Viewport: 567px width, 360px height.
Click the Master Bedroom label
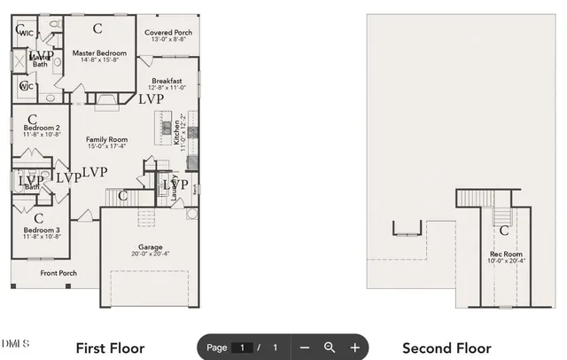(99, 53)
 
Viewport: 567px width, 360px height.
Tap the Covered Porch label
(168, 32)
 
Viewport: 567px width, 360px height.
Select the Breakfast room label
(167, 81)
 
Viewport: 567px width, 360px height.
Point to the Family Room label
(106, 139)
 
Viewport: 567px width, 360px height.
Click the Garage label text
(150, 247)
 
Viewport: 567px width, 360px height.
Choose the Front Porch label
(58, 273)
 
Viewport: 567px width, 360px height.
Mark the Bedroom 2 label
(42, 129)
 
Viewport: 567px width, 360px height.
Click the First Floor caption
(110, 348)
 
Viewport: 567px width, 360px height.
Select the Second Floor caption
(447, 348)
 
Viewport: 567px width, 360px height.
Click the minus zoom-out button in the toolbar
(304, 348)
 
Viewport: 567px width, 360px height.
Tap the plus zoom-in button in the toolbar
(354, 348)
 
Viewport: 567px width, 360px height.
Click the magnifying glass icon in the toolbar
(330, 348)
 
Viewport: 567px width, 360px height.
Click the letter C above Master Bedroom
(97, 28)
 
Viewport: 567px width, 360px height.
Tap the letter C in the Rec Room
(504, 231)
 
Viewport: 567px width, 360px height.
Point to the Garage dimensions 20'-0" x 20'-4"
(150, 254)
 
